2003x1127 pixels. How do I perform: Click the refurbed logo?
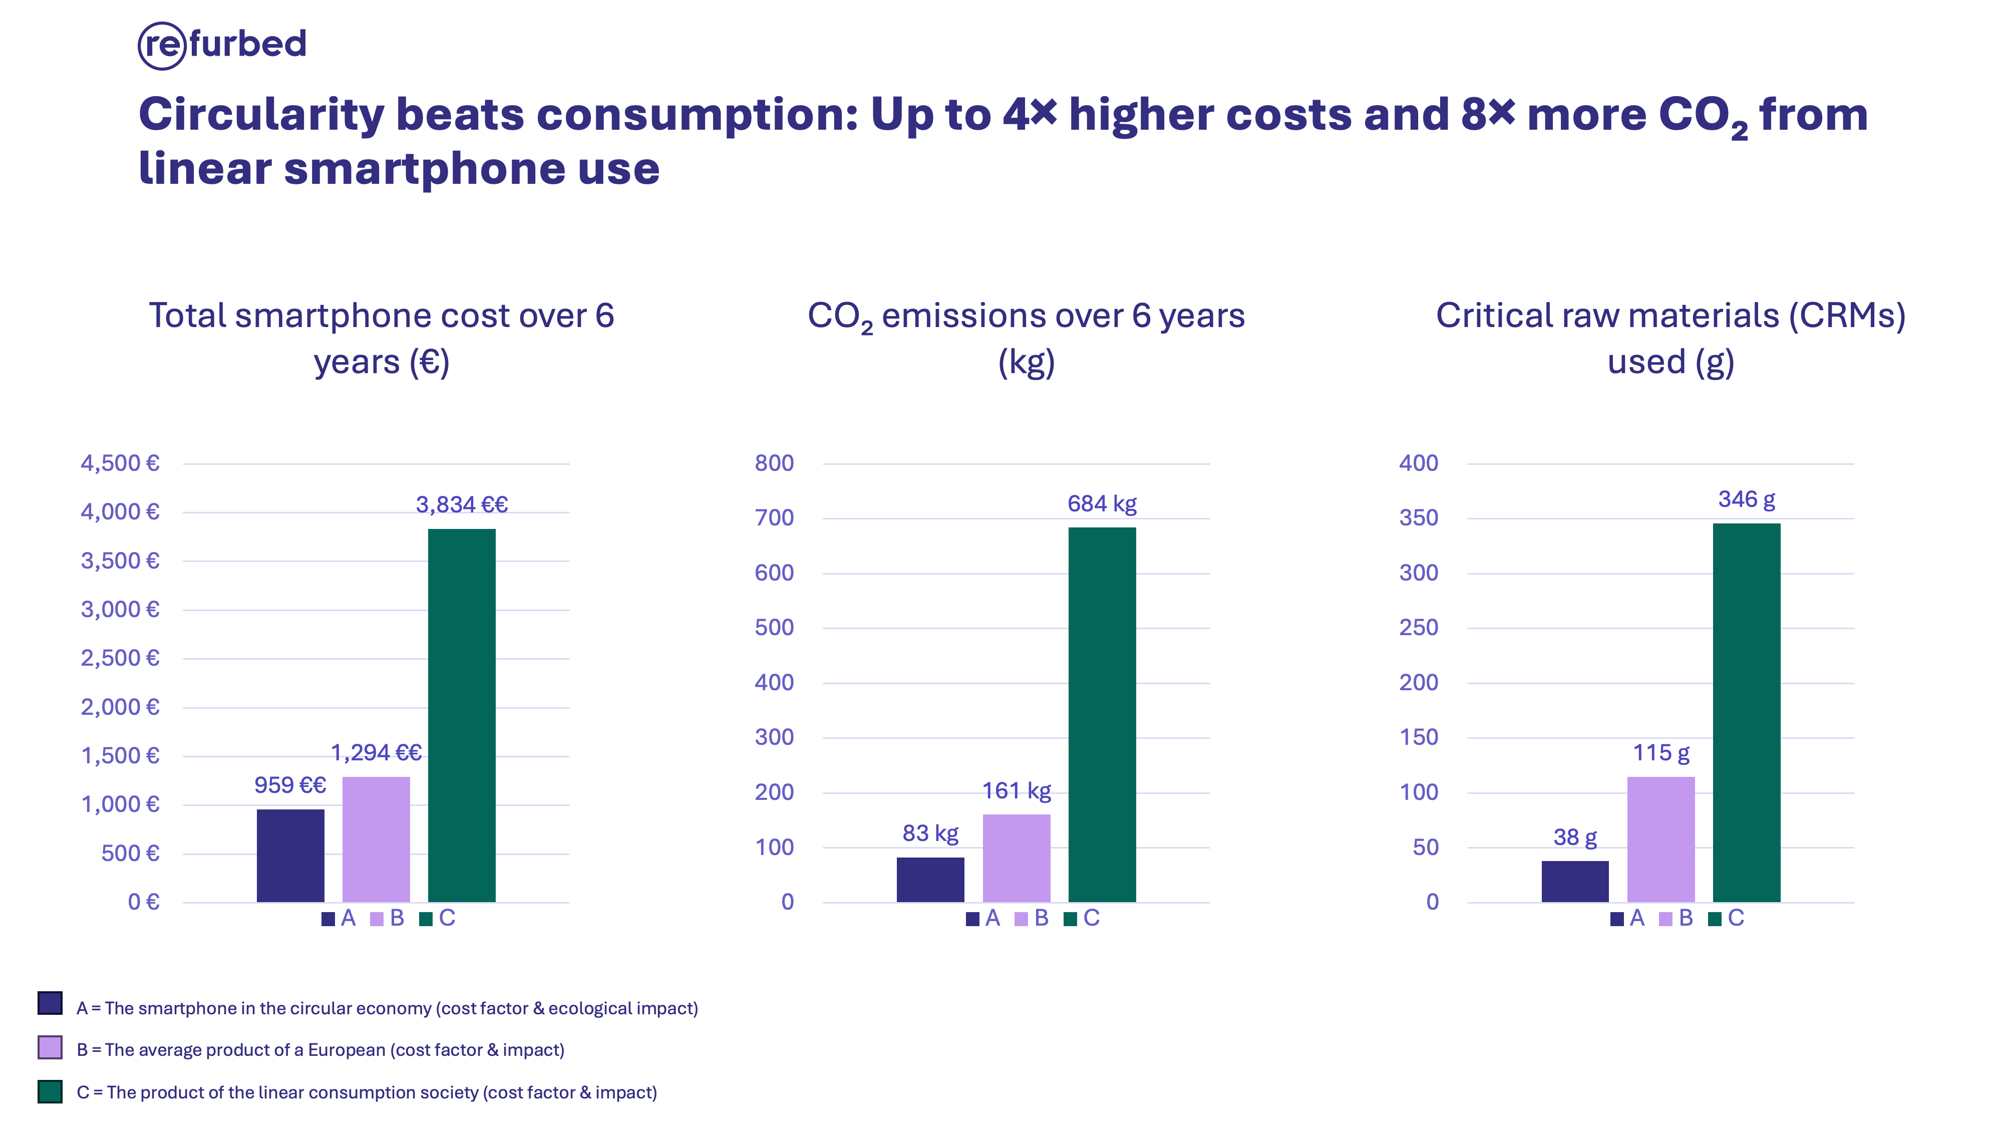(x=222, y=45)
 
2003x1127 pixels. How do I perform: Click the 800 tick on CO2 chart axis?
(x=774, y=463)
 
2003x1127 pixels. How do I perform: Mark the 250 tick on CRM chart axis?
(x=1418, y=628)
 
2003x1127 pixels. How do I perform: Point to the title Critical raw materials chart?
(x=1670, y=338)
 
